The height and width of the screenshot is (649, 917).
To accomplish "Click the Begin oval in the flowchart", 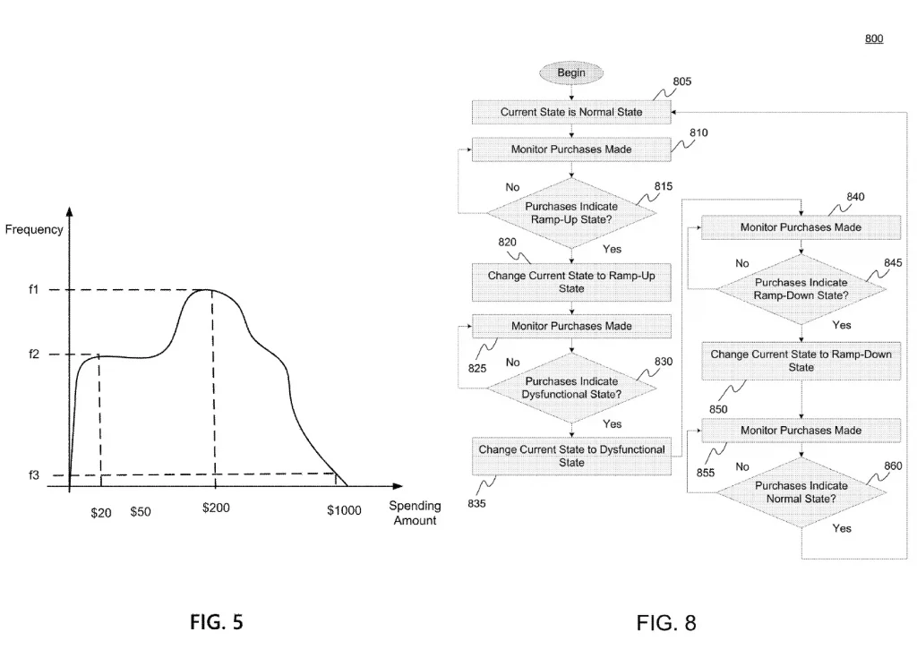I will [571, 72].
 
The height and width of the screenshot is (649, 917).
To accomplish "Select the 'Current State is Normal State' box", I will [571, 113].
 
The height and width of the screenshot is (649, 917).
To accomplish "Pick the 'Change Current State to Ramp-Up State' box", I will [571, 282].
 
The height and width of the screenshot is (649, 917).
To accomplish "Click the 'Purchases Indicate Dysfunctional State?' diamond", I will [571, 387].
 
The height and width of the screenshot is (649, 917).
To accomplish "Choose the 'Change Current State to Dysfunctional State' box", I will [571, 456].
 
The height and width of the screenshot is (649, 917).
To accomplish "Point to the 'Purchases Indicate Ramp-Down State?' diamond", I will [800, 288].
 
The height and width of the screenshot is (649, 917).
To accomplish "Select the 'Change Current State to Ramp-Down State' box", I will [800, 361].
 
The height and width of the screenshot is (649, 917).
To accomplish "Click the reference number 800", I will [874, 39].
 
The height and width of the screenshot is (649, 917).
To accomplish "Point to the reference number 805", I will [682, 81].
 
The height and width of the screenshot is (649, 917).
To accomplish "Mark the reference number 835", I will [477, 503].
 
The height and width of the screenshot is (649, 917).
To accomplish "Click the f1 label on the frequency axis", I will [34, 290].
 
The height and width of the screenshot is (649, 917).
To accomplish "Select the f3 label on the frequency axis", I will [34, 475].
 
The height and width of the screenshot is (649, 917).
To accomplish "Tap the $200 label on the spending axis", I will [216, 508].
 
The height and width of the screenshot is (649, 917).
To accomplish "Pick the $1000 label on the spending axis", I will [344, 511].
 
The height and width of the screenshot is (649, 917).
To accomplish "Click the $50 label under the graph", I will [141, 512].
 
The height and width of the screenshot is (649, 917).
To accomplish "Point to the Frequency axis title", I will [34, 230].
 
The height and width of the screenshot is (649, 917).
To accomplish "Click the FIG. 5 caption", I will [216, 620].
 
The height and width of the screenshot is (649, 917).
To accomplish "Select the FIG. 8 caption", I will [665, 622].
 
